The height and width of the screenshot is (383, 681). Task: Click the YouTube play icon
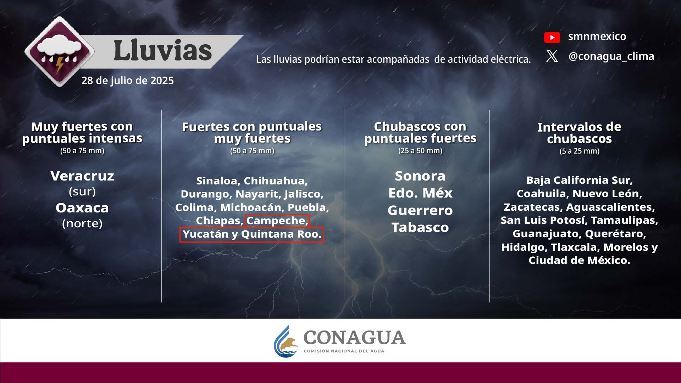click(x=552, y=37)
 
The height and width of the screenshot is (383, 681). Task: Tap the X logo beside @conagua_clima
click(x=552, y=56)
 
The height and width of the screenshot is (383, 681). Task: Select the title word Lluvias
click(x=163, y=50)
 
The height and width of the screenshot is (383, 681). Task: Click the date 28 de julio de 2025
click(x=128, y=81)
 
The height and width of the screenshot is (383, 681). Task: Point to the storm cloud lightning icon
click(x=60, y=52)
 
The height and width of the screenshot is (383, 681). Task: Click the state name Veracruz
click(x=82, y=176)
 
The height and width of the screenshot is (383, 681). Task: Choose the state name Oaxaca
click(x=82, y=208)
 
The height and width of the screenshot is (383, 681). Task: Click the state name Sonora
click(x=420, y=176)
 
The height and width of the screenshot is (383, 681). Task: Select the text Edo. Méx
click(x=420, y=193)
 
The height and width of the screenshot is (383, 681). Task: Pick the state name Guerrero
click(x=420, y=210)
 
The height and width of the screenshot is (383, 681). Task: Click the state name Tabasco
click(x=420, y=227)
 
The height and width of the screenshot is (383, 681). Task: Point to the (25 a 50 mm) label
click(x=420, y=151)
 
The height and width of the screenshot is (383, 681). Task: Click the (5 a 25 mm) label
click(x=580, y=151)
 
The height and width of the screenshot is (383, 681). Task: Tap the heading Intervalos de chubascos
click(x=580, y=133)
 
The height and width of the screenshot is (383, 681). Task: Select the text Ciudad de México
click(x=580, y=260)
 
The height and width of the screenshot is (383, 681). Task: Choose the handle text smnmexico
click(x=597, y=37)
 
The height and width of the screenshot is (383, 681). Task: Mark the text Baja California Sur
click(x=580, y=180)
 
